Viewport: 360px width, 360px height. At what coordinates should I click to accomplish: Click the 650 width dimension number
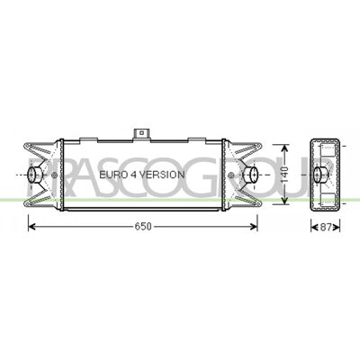point(143,227)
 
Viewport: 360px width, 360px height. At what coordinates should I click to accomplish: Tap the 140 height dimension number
point(284,175)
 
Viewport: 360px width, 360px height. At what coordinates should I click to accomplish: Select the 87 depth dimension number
point(326,227)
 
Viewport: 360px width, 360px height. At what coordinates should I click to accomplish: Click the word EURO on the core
point(111,175)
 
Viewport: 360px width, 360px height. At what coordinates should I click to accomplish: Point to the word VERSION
point(162,175)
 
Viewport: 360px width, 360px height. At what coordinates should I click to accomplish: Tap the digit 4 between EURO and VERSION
point(131,175)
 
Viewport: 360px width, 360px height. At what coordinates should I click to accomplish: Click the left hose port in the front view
point(35,175)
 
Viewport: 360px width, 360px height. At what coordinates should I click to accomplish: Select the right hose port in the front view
point(250,175)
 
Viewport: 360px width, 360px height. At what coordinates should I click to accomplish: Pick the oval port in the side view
point(319,175)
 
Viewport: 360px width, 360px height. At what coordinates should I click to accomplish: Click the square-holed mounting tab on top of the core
point(141,134)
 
